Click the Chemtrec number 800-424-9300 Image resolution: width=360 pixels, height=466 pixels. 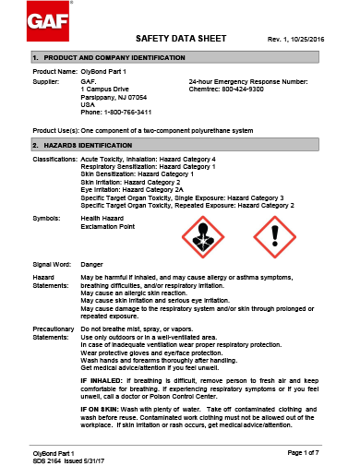pos(244,90)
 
